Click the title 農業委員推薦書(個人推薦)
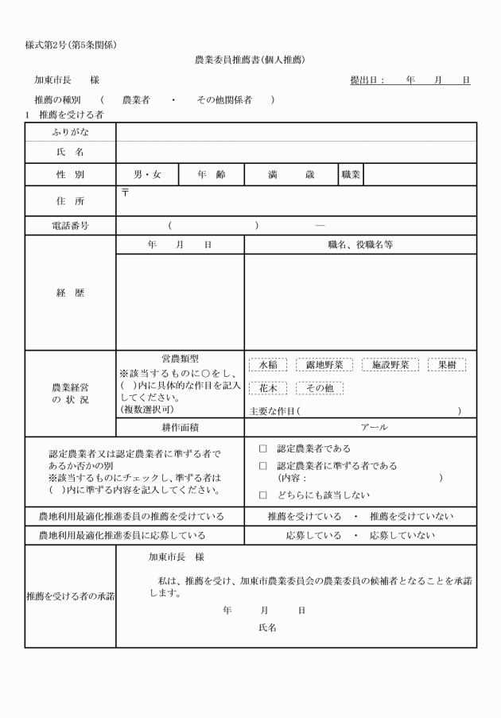click(x=250, y=60)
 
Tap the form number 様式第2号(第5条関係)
click(x=71, y=45)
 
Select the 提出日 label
click(x=367, y=80)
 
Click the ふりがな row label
click(x=70, y=132)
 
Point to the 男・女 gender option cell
click(x=147, y=174)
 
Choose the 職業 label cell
click(x=351, y=174)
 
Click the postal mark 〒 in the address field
click(x=126, y=193)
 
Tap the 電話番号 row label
click(x=70, y=226)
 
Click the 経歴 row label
click(x=70, y=293)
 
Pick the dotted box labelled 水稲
click(x=268, y=365)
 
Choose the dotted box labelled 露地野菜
click(x=324, y=365)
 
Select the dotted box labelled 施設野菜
click(x=390, y=365)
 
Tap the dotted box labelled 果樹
click(x=446, y=365)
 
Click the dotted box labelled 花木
click(x=268, y=388)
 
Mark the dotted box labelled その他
click(x=320, y=388)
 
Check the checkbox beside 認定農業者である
click(x=263, y=448)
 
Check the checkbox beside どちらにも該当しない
click(x=263, y=495)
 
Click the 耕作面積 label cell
click(x=180, y=427)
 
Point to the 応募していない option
click(x=402, y=535)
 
